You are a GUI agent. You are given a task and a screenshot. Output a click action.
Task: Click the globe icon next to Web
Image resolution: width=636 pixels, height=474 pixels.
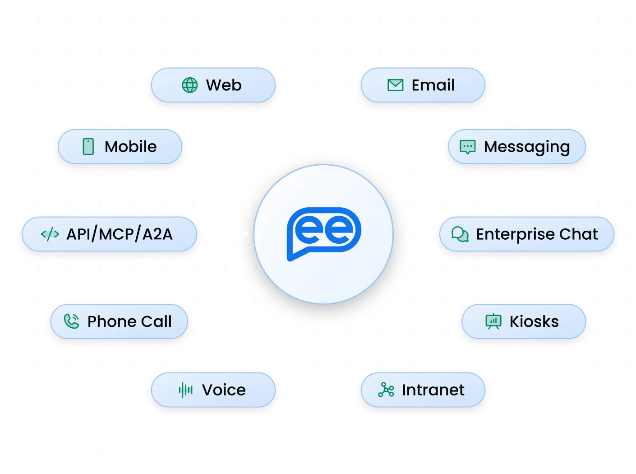coord(189,85)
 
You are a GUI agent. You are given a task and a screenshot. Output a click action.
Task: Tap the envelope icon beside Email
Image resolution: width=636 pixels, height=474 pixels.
coord(395,85)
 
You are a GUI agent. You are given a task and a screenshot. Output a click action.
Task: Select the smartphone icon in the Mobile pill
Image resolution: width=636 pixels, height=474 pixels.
coord(88,147)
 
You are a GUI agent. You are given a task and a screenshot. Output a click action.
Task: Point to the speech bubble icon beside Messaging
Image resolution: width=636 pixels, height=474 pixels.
coord(467,147)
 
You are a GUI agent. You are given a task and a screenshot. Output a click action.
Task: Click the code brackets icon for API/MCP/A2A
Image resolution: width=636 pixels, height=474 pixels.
coord(50,234)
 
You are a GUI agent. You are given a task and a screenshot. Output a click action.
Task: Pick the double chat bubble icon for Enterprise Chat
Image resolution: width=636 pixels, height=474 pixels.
coord(460,234)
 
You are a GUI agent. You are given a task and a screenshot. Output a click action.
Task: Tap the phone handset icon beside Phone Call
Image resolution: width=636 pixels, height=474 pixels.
coord(71,321)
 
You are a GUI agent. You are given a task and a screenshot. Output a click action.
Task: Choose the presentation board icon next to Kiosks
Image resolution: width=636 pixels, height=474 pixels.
coord(493,321)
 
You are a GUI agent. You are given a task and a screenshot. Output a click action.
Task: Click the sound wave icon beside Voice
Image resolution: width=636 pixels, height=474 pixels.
coord(185,390)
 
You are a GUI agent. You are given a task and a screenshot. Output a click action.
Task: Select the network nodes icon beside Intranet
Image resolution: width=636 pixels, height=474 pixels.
coord(386,390)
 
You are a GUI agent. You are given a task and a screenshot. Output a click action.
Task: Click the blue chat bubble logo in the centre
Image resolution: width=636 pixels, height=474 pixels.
coord(324,234)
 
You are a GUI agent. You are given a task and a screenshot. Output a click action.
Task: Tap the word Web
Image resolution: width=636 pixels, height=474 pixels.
coord(224,85)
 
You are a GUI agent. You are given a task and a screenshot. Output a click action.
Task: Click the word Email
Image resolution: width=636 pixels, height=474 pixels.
coord(433,85)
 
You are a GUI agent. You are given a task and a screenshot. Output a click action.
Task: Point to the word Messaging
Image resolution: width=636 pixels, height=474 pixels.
coord(527,148)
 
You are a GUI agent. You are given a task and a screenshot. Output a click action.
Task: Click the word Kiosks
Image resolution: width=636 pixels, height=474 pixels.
coord(534,321)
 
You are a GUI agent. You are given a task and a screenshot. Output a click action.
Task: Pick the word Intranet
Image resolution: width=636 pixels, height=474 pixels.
coord(433,390)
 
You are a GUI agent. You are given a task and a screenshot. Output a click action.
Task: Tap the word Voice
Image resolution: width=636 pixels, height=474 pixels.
coord(224,390)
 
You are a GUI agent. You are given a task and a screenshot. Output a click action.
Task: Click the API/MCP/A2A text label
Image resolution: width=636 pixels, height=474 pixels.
coord(120,234)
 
